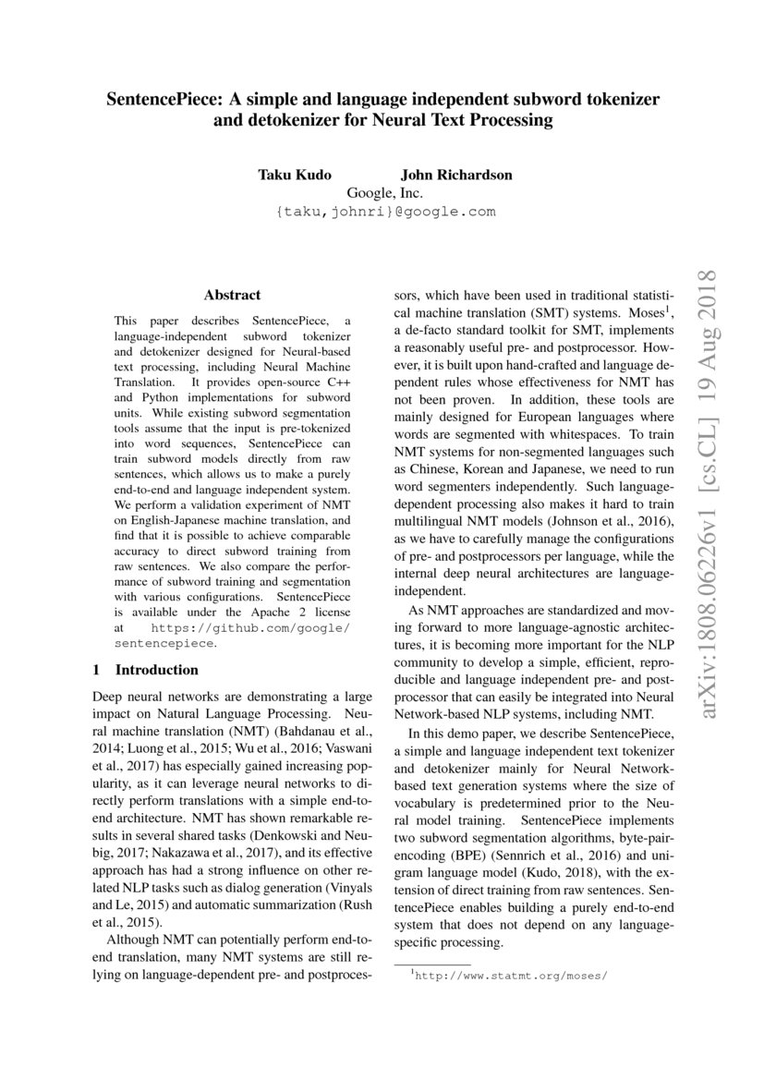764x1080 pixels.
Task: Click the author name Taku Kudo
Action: (294, 175)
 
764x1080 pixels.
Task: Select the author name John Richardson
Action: (455, 175)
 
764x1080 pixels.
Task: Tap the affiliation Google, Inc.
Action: (384, 193)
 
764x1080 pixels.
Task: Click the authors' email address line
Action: (384, 212)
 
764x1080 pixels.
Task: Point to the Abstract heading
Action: (232, 296)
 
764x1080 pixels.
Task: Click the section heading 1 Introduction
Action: (146, 670)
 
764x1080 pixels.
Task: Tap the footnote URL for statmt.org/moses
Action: (511, 975)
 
